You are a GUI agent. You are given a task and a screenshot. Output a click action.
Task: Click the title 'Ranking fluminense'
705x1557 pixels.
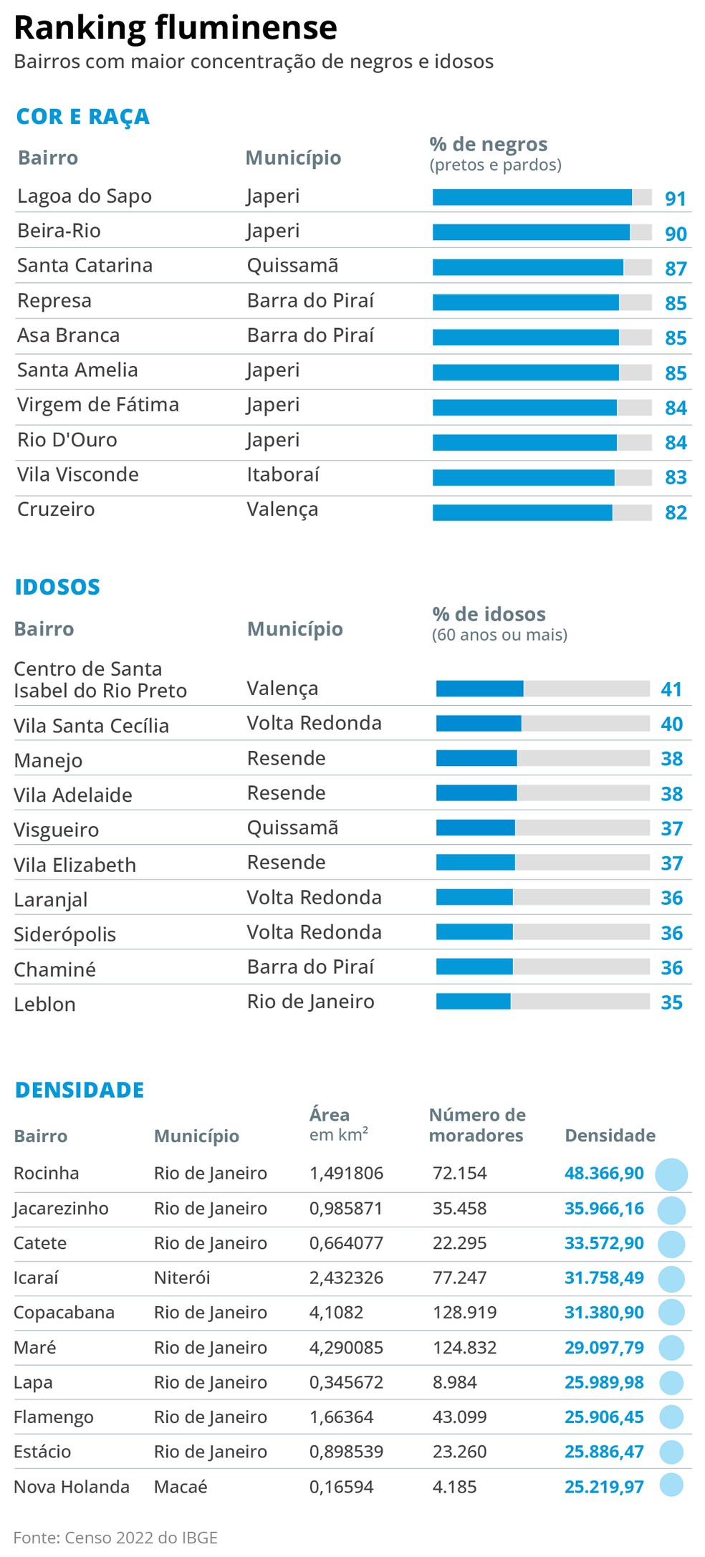coord(176,27)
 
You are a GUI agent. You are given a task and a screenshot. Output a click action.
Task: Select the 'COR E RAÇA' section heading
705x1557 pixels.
coord(82,117)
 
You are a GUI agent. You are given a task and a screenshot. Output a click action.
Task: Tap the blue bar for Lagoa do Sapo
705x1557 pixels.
coord(532,197)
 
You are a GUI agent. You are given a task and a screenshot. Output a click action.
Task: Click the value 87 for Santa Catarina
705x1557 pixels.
coord(675,269)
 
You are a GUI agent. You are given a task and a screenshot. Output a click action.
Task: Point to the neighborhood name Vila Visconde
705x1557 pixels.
coord(78,474)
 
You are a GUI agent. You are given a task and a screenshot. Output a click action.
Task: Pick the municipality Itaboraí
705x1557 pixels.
coord(283,474)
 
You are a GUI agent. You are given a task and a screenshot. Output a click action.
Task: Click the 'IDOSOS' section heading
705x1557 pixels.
coord(57,587)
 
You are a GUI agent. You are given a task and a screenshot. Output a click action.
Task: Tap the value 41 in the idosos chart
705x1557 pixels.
coord(671,689)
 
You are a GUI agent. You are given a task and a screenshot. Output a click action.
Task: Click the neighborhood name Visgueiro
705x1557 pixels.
coord(57,830)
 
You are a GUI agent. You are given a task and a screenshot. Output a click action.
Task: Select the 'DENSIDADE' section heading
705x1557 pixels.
coord(80,1090)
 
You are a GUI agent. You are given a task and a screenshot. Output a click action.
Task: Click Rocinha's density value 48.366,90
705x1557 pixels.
coord(604,1174)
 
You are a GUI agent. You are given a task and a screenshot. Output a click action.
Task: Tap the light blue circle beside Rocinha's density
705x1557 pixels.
coord(671,1174)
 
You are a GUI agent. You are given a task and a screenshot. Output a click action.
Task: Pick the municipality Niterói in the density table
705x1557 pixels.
coord(182,1278)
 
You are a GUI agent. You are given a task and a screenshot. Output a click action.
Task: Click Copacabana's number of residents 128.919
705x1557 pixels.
coord(465,1313)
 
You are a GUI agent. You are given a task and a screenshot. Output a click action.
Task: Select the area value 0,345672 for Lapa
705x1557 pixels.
coord(346,1382)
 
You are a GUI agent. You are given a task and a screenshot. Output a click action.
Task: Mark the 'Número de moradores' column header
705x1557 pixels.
coord(476,1125)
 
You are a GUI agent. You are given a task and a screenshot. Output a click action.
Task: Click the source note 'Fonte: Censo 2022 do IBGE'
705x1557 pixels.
coord(115,1538)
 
